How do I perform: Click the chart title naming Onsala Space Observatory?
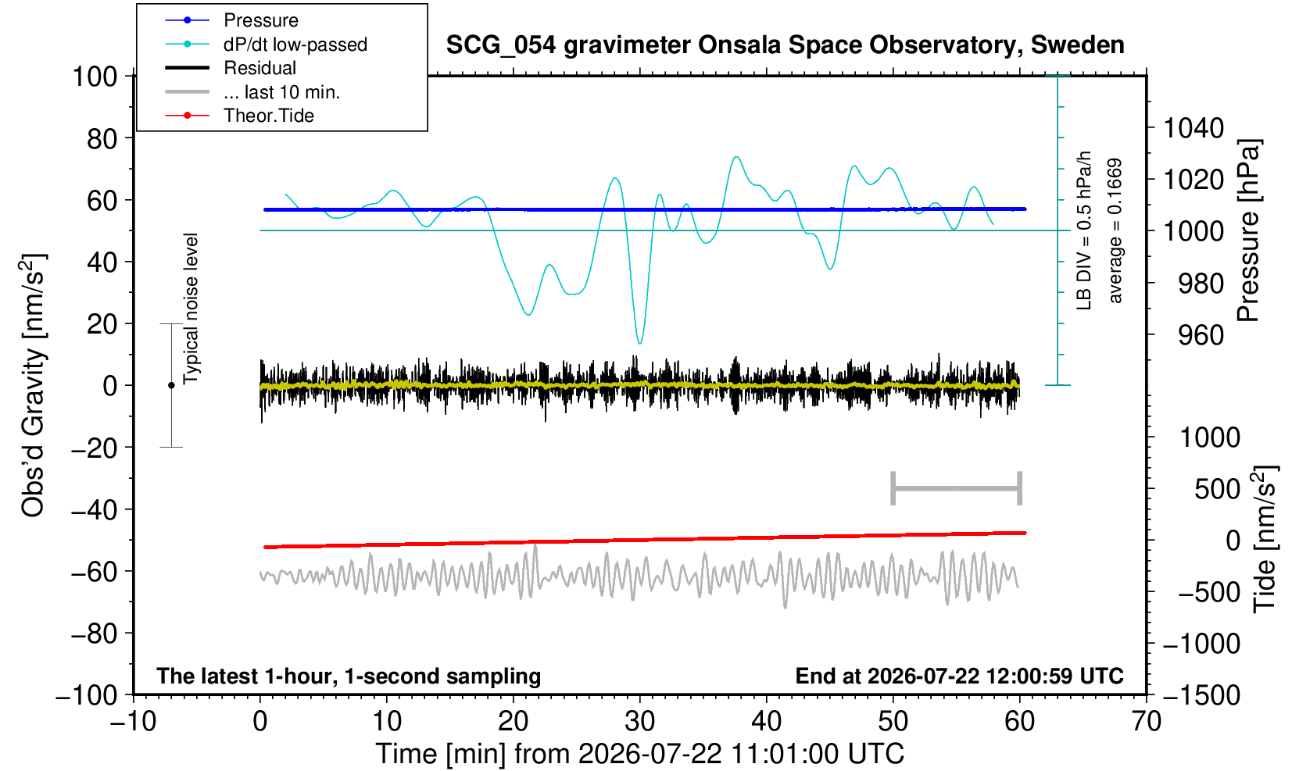click(x=785, y=45)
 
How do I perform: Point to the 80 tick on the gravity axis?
click(x=102, y=139)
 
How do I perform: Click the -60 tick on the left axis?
click(x=94, y=572)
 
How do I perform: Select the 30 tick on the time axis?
click(x=639, y=722)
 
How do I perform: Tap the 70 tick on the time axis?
click(x=1146, y=722)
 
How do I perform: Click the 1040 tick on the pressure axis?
click(x=1194, y=128)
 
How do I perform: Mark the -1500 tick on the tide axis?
click(x=1201, y=695)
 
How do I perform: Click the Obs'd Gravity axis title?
click(x=33, y=385)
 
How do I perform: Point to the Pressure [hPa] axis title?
click(x=1249, y=230)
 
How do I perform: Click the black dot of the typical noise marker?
click(x=171, y=385)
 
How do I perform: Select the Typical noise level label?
click(x=191, y=309)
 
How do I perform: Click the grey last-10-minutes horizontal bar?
click(x=957, y=488)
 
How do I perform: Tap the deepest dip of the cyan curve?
click(x=639, y=343)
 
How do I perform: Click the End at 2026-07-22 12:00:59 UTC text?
click(x=959, y=676)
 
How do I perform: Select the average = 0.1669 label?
click(x=1115, y=230)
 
